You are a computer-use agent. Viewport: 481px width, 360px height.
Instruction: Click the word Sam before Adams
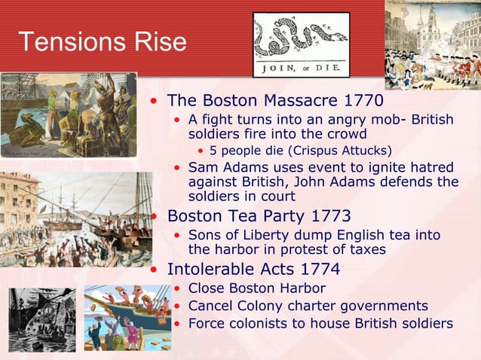pyautogui.click(x=202, y=166)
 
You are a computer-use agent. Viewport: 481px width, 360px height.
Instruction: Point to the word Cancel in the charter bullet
pyautogui.click(x=210, y=306)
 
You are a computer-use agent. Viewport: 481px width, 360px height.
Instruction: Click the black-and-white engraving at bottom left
pyautogui.click(x=41, y=319)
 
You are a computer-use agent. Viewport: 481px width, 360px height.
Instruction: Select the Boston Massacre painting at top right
pyautogui.click(x=433, y=45)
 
